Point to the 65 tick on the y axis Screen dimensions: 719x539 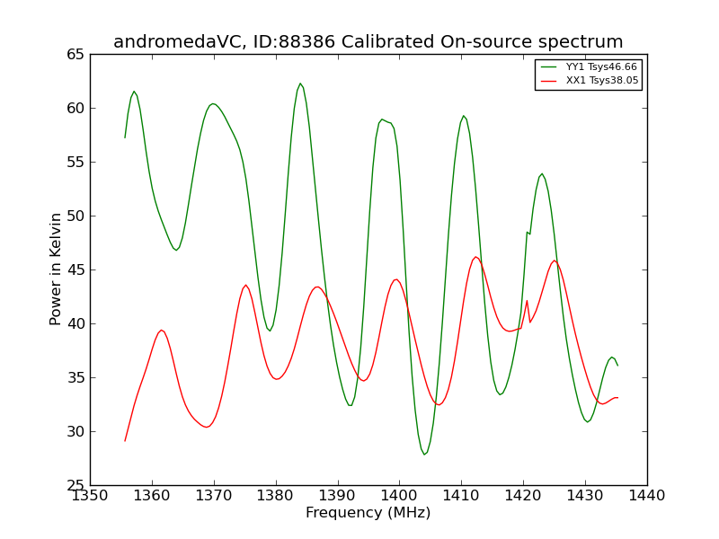(75, 55)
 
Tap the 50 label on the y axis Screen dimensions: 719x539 (75, 216)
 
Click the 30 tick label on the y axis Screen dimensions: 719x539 (75, 432)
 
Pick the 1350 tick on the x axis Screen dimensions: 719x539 (91, 496)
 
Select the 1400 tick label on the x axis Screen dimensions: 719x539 (399, 496)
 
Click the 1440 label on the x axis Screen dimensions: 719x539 (647, 496)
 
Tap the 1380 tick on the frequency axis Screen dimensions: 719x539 (276, 496)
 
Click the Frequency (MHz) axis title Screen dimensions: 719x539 (368, 512)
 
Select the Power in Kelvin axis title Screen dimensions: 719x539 (55, 269)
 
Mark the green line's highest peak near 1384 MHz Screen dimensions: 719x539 (300, 84)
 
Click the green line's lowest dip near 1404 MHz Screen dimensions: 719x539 (424, 455)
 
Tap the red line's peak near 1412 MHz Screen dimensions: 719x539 (476, 257)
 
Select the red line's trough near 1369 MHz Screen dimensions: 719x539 (207, 428)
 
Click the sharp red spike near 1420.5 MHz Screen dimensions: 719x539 (528, 301)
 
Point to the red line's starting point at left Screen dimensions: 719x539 (125, 441)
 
